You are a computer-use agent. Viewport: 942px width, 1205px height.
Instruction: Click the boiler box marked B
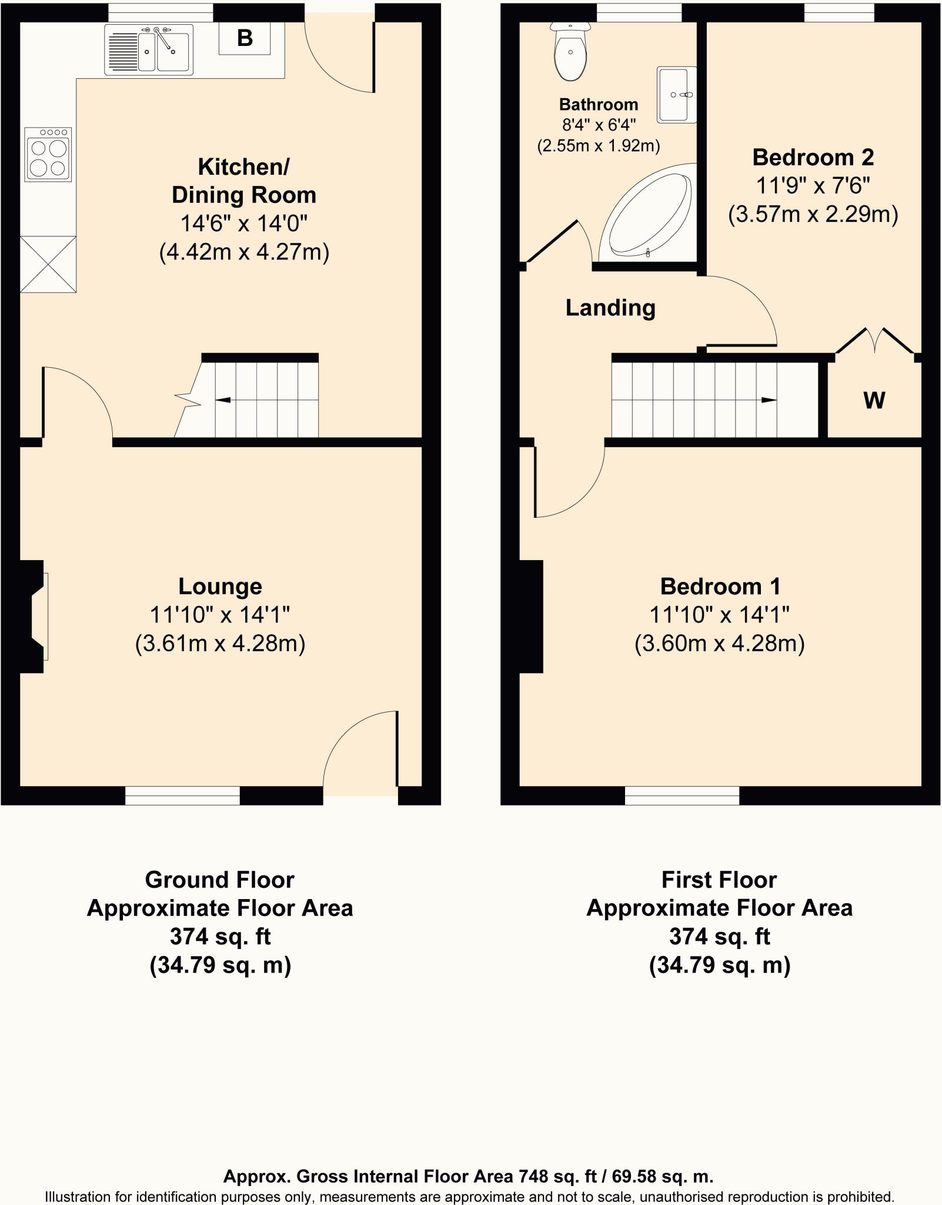[245, 38]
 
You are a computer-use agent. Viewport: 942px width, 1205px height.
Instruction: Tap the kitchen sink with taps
[149, 49]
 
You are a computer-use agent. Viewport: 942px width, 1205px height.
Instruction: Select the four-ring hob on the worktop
[48, 154]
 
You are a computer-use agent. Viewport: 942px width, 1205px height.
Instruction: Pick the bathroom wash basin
[676, 95]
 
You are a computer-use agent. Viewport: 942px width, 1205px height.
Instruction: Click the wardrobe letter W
[874, 400]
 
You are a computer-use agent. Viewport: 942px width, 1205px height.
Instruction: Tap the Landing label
[610, 308]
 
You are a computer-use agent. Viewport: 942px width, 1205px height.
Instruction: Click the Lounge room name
[220, 586]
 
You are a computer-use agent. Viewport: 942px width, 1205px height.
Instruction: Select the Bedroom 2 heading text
[813, 157]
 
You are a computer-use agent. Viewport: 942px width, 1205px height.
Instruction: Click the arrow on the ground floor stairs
[223, 400]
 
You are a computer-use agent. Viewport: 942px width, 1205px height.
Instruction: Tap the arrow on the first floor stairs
[768, 400]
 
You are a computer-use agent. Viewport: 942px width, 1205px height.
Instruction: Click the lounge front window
[182, 795]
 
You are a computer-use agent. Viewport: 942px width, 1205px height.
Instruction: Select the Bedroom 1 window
[682, 795]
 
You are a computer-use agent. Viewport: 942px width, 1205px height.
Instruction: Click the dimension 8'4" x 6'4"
[599, 125]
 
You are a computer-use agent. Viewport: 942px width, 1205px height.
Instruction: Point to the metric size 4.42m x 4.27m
[244, 252]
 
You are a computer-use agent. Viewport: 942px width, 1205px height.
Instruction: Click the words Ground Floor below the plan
[219, 880]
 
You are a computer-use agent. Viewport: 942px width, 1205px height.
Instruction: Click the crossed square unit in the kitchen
[48, 264]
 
